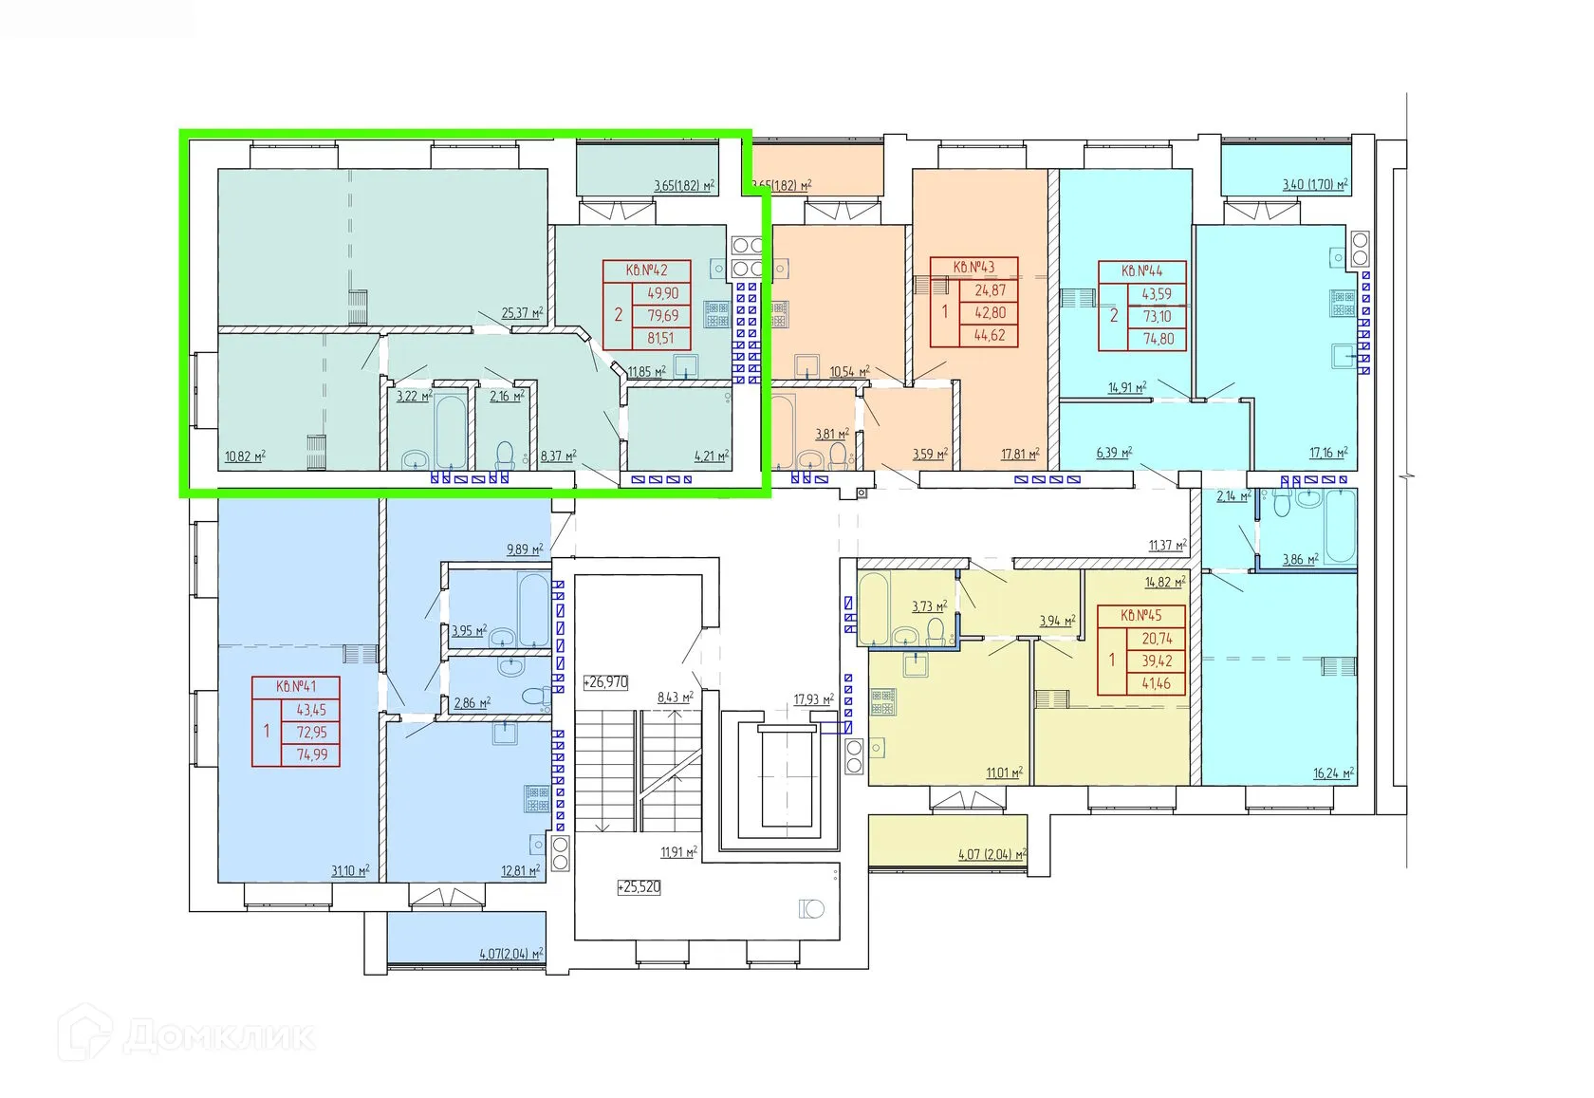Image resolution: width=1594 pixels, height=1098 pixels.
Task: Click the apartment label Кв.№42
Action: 646,270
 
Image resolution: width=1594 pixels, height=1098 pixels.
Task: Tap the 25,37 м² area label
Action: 522,312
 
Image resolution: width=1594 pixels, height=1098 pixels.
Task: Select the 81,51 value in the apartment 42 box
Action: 662,338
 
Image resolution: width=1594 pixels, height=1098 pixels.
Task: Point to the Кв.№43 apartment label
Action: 974,267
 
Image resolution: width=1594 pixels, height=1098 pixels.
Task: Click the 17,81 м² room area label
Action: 1021,454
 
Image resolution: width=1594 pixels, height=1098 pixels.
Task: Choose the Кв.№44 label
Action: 1142,270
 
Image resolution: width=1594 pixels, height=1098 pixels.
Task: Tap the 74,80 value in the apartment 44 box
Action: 1158,340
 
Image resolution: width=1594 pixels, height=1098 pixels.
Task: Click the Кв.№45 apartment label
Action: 1141,615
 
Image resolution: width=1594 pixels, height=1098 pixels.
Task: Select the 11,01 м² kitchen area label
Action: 1004,772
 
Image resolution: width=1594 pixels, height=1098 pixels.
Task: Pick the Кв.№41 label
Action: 296,687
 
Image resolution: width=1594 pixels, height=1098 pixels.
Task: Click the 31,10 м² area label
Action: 350,870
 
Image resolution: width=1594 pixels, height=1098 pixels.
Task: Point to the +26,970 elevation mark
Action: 605,682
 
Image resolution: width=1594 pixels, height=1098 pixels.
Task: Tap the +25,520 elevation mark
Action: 639,887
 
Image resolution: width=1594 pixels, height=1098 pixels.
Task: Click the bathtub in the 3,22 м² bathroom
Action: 451,430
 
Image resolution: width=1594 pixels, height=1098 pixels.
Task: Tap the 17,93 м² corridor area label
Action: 814,700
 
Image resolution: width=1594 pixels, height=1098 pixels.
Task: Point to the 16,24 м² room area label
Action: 1334,773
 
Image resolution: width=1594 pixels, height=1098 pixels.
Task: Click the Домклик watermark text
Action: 219,1037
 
